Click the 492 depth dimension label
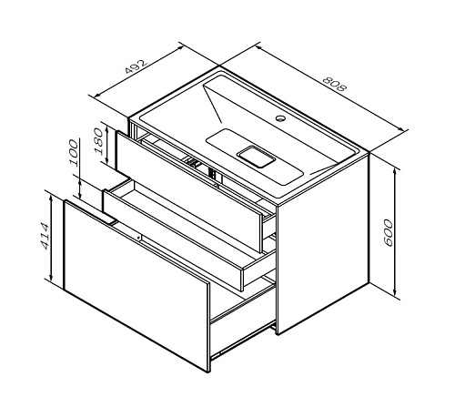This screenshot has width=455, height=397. (x=136, y=66)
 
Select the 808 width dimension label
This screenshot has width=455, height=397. (x=334, y=84)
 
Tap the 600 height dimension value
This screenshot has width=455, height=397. (x=388, y=233)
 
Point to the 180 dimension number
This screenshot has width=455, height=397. (x=98, y=141)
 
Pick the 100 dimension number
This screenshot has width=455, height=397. (x=74, y=153)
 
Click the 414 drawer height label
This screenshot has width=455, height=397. (x=45, y=237)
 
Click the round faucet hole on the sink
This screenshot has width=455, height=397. (x=280, y=118)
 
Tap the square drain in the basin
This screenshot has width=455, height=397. (x=256, y=157)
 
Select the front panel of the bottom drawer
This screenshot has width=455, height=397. (x=136, y=285)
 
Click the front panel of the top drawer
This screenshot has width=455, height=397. (x=189, y=191)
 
